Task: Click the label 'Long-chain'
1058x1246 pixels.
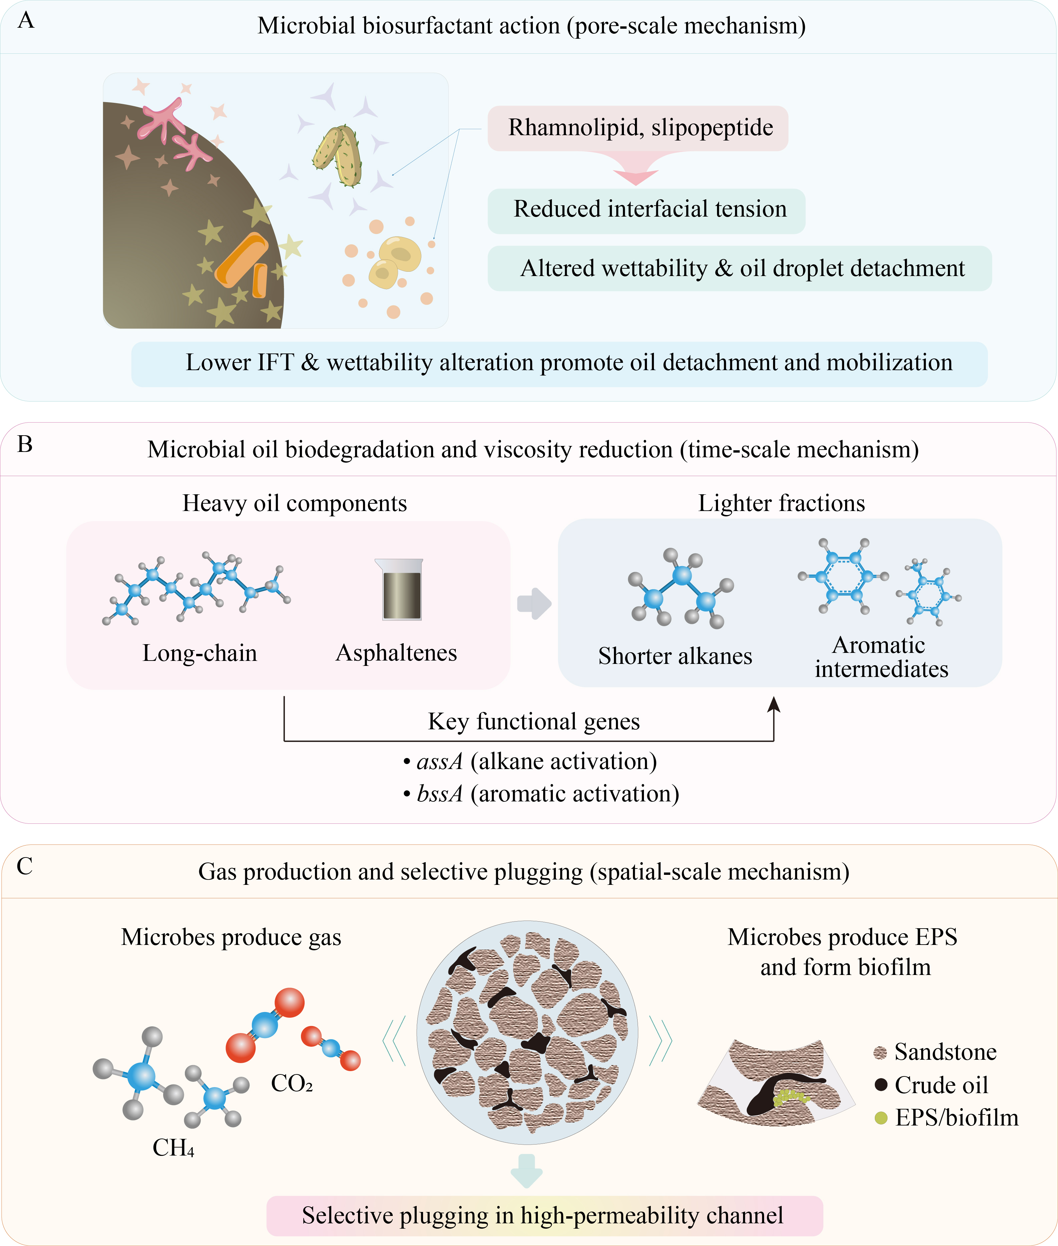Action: (200, 653)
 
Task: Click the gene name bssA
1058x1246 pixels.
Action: (440, 794)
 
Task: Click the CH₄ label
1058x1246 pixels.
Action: (173, 1148)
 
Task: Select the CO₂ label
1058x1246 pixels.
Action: (292, 1083)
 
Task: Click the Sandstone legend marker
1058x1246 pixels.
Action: (880, 1052)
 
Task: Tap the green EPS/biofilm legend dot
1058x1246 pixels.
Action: (880, 1117)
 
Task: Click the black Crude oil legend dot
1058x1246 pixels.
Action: (880, 1085)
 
